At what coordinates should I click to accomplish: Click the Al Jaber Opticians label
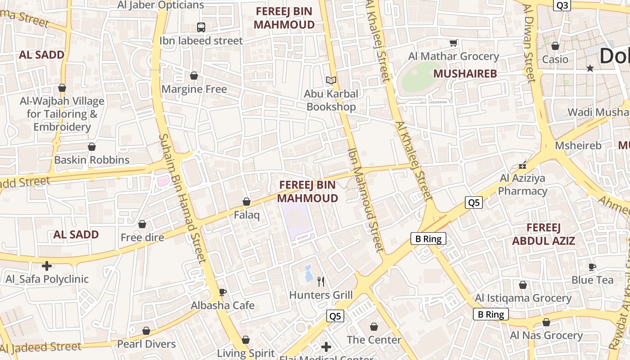[161, 5]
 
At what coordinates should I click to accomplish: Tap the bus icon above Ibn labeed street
[201, 27]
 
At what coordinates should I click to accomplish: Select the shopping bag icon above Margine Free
[194, 76]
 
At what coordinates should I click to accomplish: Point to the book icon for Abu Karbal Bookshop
[331, 80]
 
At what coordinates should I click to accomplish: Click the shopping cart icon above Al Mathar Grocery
[454, 43]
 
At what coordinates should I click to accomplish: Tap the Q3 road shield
[562, 5]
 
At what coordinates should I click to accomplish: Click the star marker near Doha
[590, 68]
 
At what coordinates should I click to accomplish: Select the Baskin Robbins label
[92, 160]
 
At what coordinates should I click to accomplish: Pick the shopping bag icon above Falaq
[247, 202]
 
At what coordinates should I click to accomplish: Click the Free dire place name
[142, 237]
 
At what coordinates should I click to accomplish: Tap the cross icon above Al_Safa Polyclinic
[46, 265]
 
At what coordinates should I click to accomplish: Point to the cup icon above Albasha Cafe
[222, 292]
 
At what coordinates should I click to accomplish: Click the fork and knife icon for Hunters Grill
[321, 282]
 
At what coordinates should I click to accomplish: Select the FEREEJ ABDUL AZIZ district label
[544, 234]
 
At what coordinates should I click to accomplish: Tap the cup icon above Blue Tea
[592, 267]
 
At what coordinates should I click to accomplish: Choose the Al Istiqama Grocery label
[523, 298]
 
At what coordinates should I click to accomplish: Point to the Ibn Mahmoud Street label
[366, 200]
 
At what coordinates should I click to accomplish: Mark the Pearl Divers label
[146, 344]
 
